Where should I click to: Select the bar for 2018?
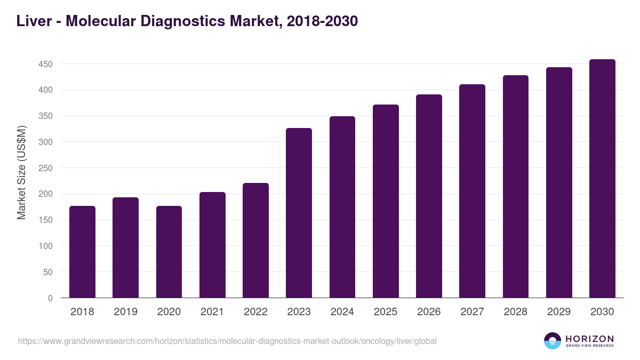[x=82, y=252]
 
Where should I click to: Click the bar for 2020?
[x=169, y=252]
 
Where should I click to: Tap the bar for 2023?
[x=299, y=213]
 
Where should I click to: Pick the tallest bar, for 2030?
[x=602, y=179]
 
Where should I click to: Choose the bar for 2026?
[x=429, y=196]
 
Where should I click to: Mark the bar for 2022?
[x=255, y=241]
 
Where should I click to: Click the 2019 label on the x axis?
[x=125, y=312]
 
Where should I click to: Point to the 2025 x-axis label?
[x=386, y=312]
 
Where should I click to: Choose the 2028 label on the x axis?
[x=516, y=312]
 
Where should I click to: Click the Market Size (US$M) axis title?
[x=21, y=172]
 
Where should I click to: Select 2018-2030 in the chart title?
[x=322, y=21]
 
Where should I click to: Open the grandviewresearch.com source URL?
[x=227, y=341]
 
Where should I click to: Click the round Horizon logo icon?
[x=553, y=341]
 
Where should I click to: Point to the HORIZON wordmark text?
[x=589, y=339]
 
